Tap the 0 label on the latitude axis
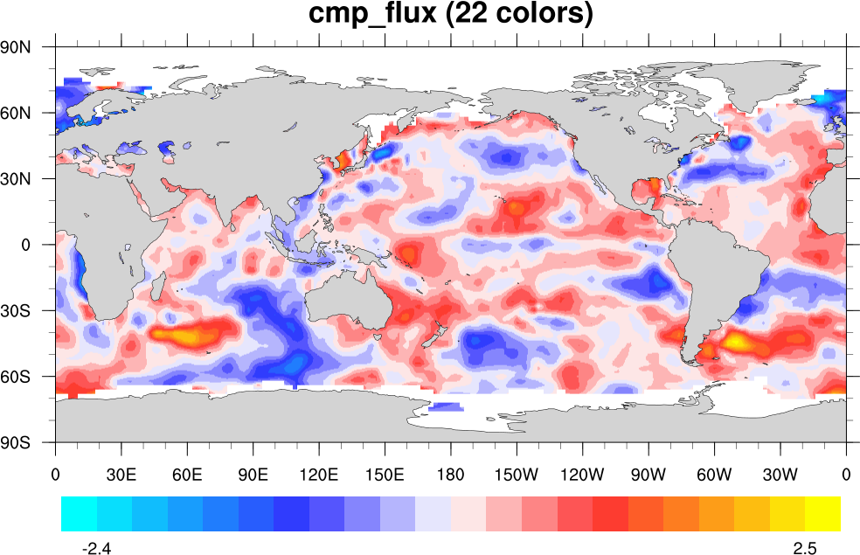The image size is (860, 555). tap(27, 245)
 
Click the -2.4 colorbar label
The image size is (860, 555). tap(95, 548)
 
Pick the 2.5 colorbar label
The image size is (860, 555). tap(805, 548)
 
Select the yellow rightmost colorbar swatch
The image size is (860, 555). tap(822, 514)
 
